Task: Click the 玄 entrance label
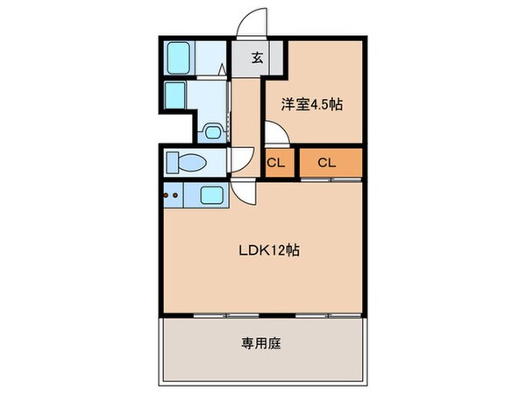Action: [257, 60]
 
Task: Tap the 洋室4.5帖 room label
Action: [310, 104]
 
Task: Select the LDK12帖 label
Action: [271, 250]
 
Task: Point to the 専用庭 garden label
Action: [261, 343]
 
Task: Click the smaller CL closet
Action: [275, 162]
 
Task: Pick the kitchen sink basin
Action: [211, 196]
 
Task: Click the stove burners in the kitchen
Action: [171, 196]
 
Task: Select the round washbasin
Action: [210, 130]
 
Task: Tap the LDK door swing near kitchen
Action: [245, 194]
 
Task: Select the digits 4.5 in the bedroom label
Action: [320, 104]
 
